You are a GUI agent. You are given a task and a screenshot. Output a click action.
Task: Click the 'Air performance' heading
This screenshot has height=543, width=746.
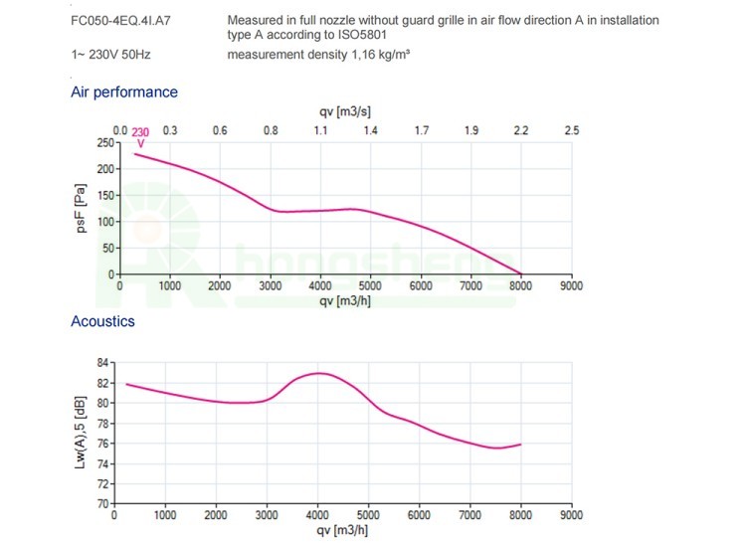[x=124, y=92]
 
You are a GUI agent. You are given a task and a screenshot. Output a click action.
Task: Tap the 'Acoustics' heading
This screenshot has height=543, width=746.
[x=102, y=321]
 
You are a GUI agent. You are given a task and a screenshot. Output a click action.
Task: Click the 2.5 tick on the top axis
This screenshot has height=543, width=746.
[x=571, y=130]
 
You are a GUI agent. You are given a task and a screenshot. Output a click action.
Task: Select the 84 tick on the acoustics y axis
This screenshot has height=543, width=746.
[x=104, y=363]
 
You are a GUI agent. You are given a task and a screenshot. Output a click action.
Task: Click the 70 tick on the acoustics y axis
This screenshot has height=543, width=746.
[x=104, y=504]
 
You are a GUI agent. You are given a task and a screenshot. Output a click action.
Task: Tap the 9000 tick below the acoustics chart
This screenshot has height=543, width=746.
[x=571, y=515]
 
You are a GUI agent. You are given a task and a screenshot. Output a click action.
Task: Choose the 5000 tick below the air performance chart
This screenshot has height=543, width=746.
[x=370, y=285]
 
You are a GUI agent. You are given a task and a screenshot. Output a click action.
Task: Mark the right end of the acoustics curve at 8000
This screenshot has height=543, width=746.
[x=520, y=445]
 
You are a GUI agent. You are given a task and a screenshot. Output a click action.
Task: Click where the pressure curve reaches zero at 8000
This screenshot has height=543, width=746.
[x=520, y=272]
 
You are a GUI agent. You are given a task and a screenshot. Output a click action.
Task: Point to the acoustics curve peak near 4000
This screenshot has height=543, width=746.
[x=318, y=373]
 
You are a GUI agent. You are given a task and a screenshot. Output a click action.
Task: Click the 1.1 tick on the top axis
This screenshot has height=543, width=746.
[x=320, y=130]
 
